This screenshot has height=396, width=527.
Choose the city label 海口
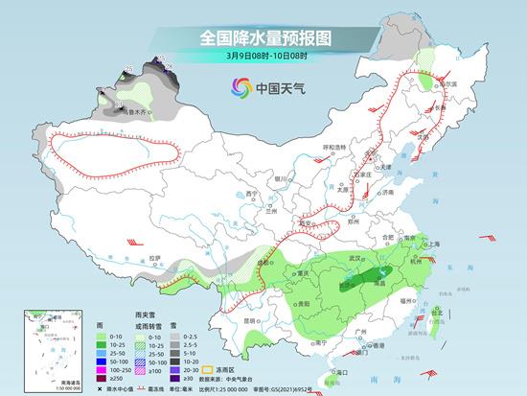(340, 370)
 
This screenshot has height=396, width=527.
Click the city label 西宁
(252, 194)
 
